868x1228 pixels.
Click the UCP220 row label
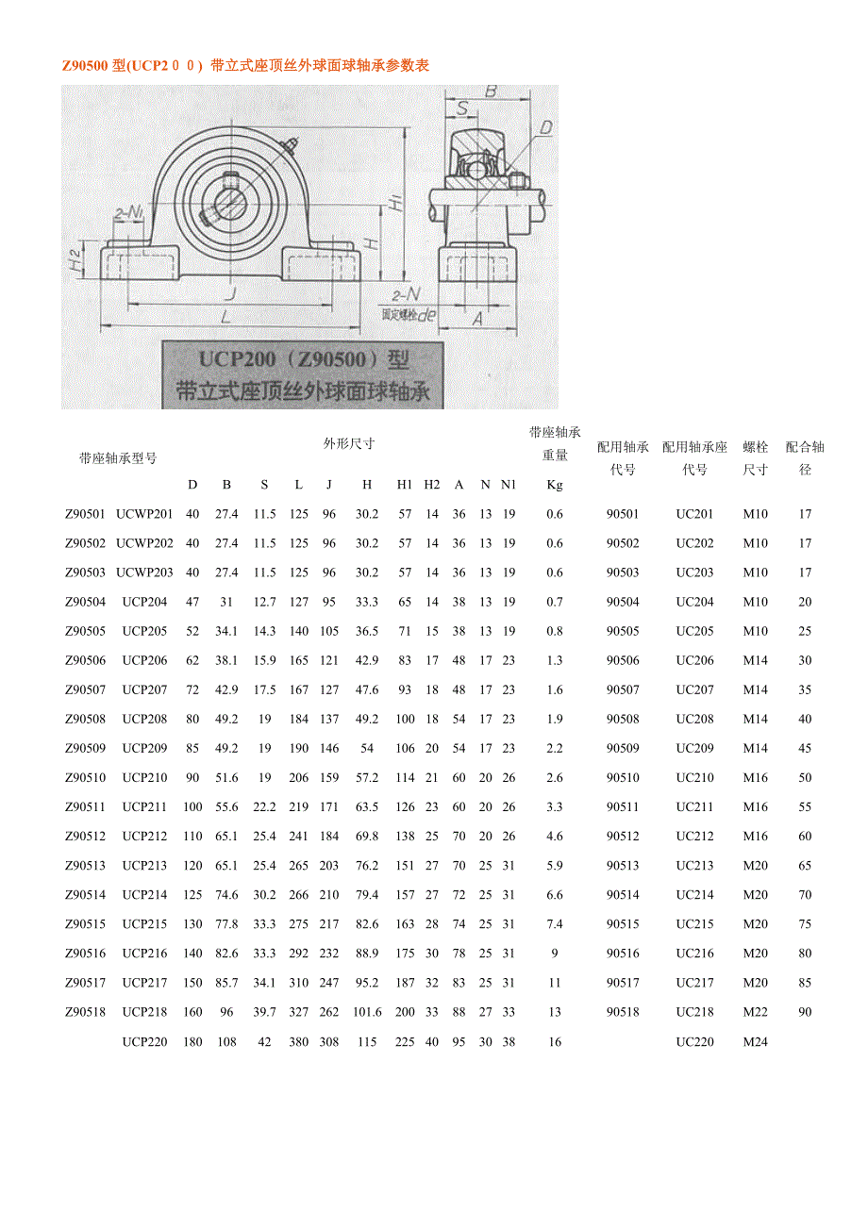click(144, 1041)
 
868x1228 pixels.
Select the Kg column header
click(555, 485)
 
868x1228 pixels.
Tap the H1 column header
click(405, 485)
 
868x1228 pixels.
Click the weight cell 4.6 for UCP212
click(555, 836)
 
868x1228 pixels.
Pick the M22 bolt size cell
click(755, 1012)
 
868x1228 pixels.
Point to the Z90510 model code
click(85, 777)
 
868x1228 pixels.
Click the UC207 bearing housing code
click(694, 689)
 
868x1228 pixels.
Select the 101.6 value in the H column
click(367, 1012)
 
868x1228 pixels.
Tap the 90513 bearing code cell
click(623, 866)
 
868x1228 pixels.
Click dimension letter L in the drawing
click(225, 317)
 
